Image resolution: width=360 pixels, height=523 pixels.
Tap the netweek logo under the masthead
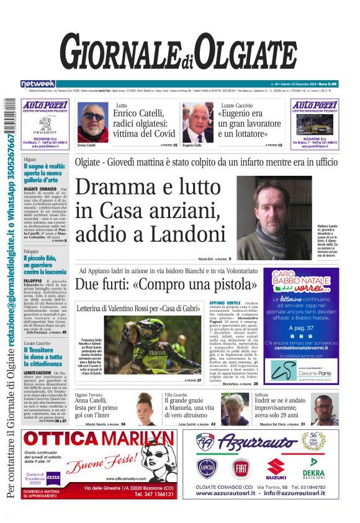(x=38, y=84)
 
